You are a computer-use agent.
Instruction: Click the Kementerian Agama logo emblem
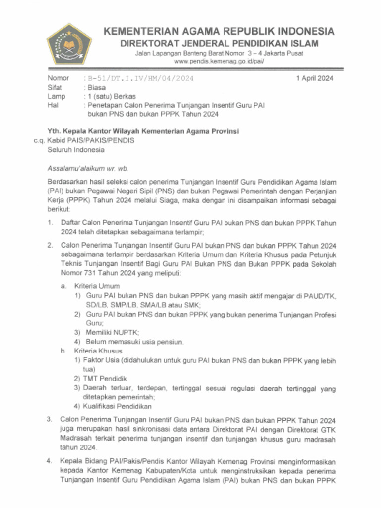[x=69, y=44]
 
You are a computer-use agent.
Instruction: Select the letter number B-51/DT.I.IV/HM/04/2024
[x=140, y=78]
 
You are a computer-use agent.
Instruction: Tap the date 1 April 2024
[x=315, y=78]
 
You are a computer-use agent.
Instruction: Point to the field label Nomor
[x=58, y=78]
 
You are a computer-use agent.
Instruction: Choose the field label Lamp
[x=56, y=96]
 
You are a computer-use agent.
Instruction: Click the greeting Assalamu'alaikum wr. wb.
[x=88, y=168]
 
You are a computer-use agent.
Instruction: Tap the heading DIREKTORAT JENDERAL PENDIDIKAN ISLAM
[x=219, y=43]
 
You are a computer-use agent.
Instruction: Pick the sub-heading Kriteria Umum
[x=97, y=286]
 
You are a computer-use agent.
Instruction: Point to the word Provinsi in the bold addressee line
[x=223, y=131]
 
